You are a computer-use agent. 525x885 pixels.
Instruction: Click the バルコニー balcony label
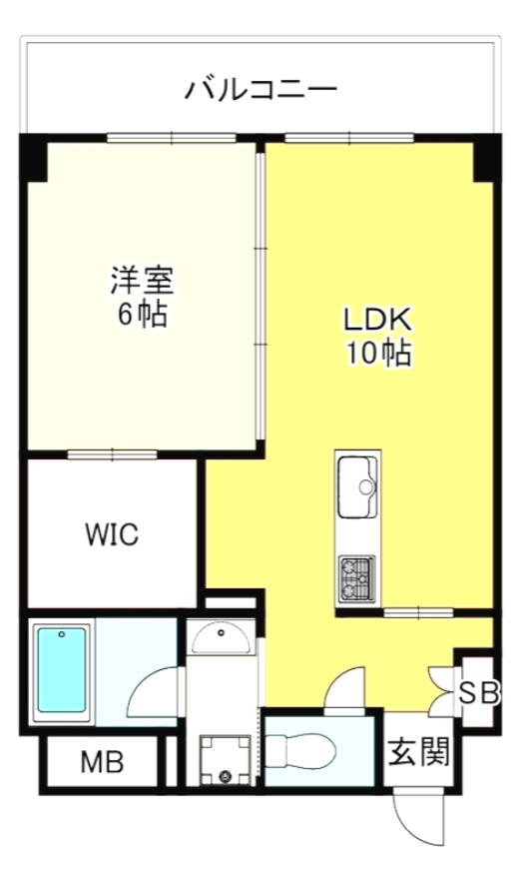262,90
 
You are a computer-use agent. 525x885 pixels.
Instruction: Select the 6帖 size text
141,315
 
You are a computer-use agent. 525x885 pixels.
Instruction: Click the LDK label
378,320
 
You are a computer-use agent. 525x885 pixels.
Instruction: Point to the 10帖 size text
378,354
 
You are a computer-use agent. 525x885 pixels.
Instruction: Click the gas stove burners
357,576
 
